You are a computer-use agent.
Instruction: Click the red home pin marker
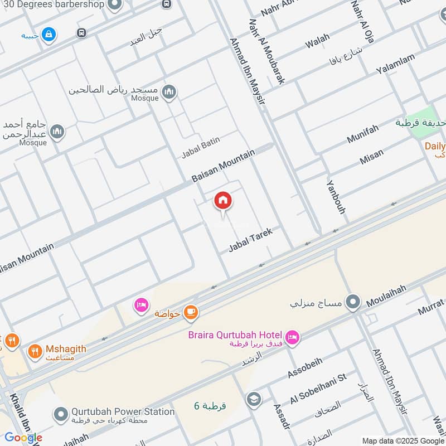tap(223, 201)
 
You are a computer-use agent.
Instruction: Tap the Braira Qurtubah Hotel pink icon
tap(292, 337)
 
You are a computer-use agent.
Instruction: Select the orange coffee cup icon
tap(191, 313)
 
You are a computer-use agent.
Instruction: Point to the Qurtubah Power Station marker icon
tap(61, 414)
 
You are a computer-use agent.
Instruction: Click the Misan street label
tap(371, 157)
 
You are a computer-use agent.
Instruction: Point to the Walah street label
tap(317, 41)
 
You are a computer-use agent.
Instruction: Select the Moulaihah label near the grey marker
tap(386, 296)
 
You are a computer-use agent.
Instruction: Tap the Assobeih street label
tap(305, 368)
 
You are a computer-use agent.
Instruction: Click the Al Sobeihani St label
tap(318, 389)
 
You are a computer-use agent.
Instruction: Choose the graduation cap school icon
tap(254, 400)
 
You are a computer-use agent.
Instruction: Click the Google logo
tap(23, 437)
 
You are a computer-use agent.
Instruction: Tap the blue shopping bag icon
tap(49, 34)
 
